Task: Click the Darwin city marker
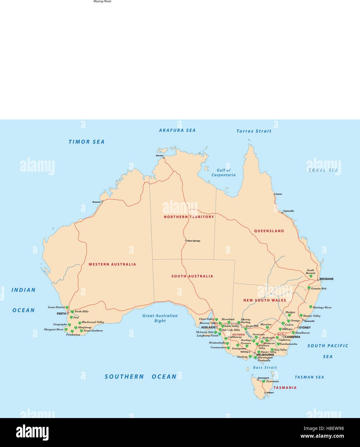[x=164, y=158]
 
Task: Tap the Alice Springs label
[x=194, y=241]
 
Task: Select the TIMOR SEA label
[x=86, y=142]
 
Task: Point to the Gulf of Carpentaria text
[x=223, y=173]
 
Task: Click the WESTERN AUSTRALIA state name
[x=112, y=264]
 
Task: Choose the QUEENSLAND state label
[x=269, y=231]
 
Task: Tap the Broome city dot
[x=102, y=202]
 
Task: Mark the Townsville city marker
[x=282, y=213]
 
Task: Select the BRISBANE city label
[x=327, y=279]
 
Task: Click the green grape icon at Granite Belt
[x=309, y=288]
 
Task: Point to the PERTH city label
[x=61, y=314]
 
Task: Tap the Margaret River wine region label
[x=54, y=330]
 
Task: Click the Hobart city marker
[x=265, y=393]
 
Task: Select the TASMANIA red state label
[x=285, y=388]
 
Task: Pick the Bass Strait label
[x=265, y=368]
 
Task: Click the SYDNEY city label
[x=305, y=328]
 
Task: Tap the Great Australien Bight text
[x=160, y=318]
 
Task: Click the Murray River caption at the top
[x=102, y=2]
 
